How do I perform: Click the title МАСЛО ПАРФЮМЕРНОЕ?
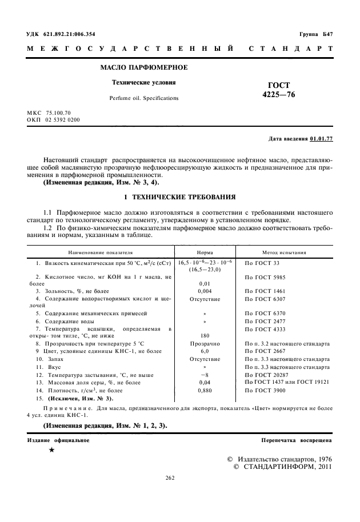coord(144,68)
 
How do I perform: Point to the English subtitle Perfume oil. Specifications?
coord(143,98)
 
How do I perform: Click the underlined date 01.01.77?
coord(322,139)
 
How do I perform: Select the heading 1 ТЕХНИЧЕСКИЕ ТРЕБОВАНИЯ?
coord(180,197)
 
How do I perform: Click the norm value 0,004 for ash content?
coord(205,291)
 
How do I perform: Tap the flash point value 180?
coord(205,336)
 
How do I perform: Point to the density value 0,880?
coord(205,390)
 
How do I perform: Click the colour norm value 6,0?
coord(205,351)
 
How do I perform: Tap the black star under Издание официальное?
coord(51,451)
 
